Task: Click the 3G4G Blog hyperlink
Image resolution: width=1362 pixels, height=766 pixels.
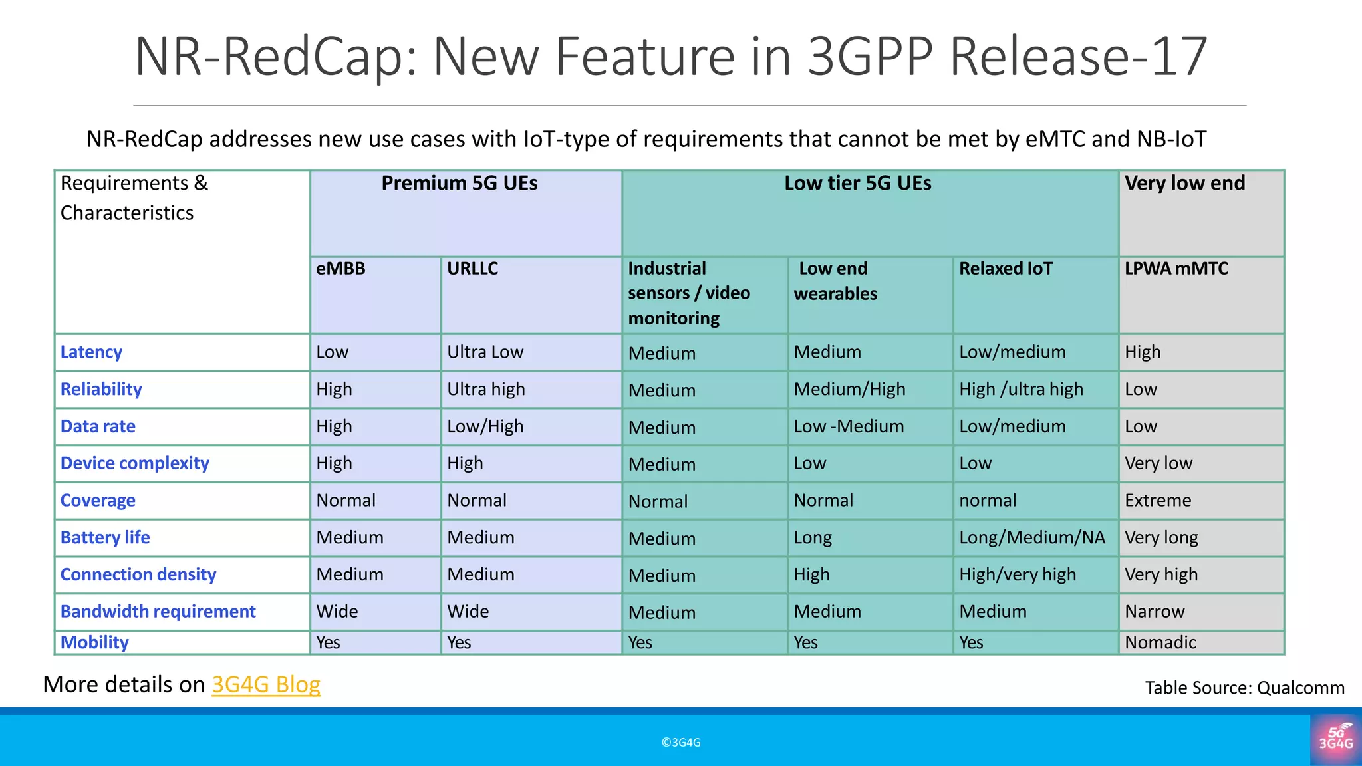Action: [266, 684]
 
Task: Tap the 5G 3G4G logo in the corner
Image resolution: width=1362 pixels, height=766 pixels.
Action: [1335, 738]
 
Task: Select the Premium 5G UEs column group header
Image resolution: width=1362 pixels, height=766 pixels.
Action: [460, 184]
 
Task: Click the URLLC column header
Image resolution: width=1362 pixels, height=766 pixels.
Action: [473, 269]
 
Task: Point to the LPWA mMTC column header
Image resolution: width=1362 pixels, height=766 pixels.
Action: [1176, 269]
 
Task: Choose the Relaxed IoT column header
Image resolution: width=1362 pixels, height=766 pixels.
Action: [1006, 269]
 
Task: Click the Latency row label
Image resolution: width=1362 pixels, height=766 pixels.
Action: [91, 352]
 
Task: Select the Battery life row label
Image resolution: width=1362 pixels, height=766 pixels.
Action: [105, 537]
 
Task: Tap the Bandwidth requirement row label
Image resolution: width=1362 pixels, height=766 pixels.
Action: [158, 612]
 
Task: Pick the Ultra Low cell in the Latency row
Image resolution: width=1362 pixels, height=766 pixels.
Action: [485, 352]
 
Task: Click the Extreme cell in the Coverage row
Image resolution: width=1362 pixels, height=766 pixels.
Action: [1158, 501]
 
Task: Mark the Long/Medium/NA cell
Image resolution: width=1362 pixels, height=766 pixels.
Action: [1031, 537]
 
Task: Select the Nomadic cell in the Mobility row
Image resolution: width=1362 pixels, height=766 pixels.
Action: [1160, 642]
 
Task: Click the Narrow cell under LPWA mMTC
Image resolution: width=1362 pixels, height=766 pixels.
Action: [1155, 612]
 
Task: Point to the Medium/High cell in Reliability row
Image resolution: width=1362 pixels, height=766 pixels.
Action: [849, 390]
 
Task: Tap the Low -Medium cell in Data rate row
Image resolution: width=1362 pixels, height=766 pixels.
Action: [849, 426]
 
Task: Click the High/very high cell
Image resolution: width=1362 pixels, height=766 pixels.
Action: [1018, 574]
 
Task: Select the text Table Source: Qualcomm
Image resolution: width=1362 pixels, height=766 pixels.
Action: [1244, 688]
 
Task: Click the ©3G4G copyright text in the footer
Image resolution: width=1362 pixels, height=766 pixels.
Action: [681, 743]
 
